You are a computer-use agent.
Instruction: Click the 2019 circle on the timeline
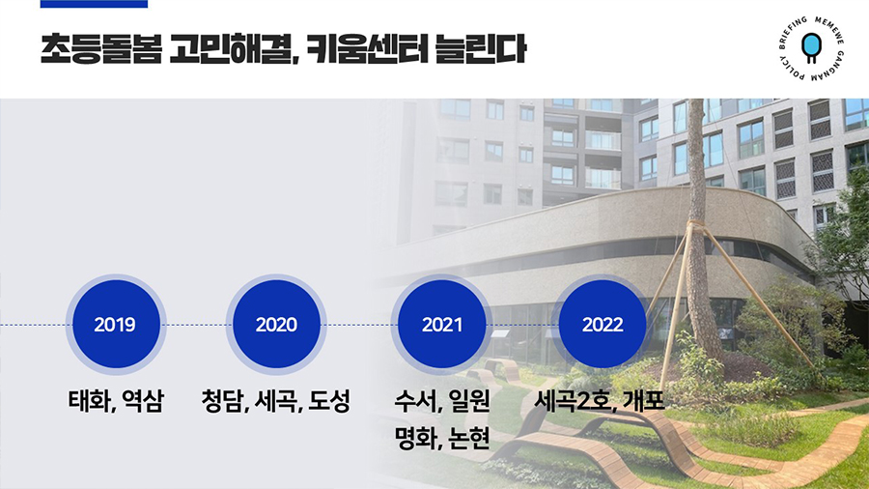tap(116, 325)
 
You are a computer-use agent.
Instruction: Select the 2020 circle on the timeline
tap(276, 325)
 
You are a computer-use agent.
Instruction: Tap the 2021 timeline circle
tap(441, 325)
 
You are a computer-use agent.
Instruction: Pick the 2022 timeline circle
tap(603, 325)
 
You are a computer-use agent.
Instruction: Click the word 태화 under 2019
tap(89, 401)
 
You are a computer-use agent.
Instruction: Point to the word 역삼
tap(143, 401)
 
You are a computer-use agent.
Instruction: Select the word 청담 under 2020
tap(221, 401)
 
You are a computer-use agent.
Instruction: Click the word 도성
tap(329, 401)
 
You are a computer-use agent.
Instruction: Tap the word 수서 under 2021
tap(414, 401)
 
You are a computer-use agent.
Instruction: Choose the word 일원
tap(469, 401)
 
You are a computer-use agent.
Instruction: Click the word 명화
tap(414, 438)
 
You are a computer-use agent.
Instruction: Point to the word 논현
tap(469, 438)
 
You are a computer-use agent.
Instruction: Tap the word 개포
tap(644, 401)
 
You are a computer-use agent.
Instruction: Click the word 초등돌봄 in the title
tap(101, 49)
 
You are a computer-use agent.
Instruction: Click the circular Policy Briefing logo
tap(811, 48)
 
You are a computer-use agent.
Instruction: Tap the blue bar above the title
tap(95, 4)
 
